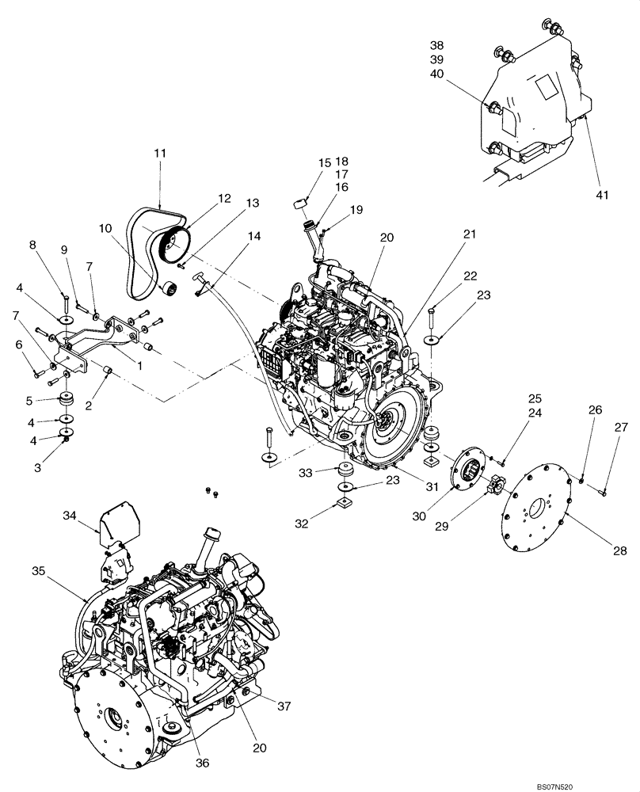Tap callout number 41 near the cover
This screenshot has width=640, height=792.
click(603, 194)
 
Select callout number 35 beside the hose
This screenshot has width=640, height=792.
click(39, 569)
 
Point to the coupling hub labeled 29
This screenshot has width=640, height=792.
click(495, 482)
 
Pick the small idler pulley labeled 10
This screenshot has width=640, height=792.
click(167, 290)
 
